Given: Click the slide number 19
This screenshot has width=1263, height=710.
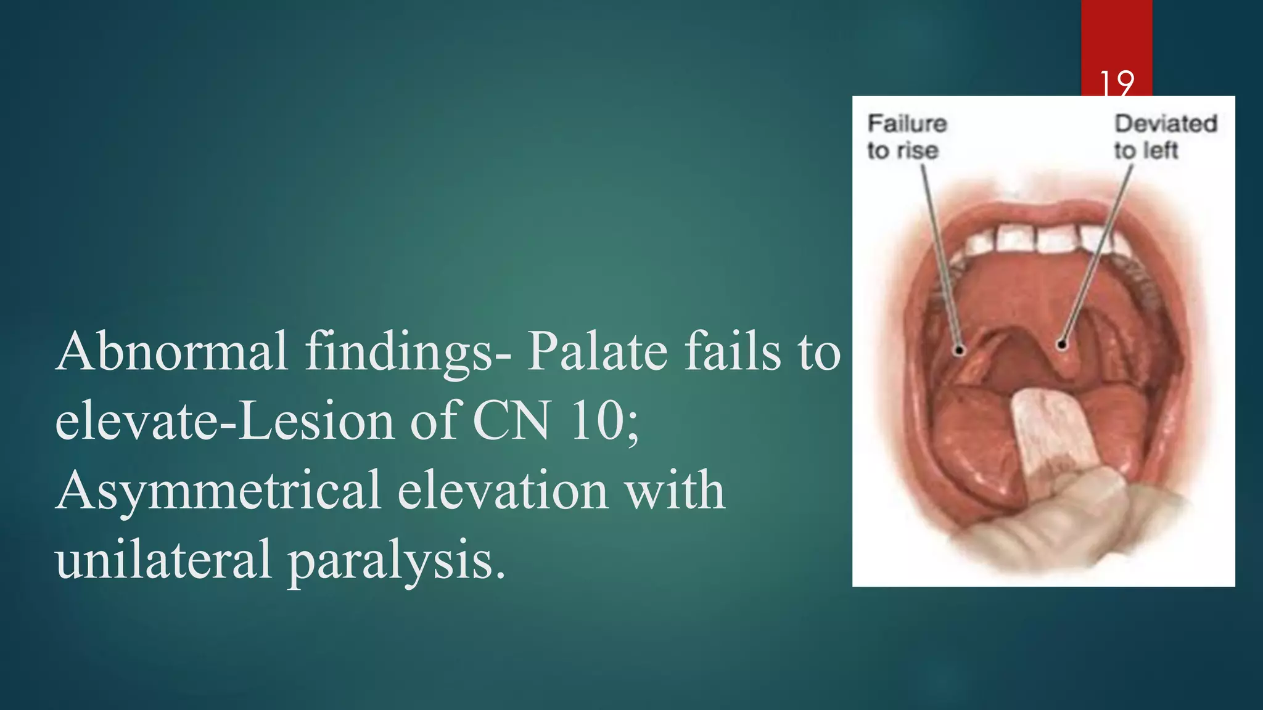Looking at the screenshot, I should (x=1116, y=83).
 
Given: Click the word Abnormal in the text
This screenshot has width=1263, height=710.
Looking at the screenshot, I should (x=172, y=351).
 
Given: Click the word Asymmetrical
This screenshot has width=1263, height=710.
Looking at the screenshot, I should (x=218, y=491).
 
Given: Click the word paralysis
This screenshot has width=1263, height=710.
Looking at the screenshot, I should (x=397, y=560).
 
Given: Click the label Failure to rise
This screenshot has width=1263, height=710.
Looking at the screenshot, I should (x=906, y=137).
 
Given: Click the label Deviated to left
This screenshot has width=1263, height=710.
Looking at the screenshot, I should (x=1165, y=137).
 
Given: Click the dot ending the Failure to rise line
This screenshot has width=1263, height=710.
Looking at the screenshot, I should (x=960, y=350).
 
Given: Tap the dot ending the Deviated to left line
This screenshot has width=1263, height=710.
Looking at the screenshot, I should (x=1061, y=345).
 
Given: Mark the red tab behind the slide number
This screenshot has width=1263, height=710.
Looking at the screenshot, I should (x=1116, y=37).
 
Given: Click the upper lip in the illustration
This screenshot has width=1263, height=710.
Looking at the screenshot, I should (x=1048, y=213).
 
